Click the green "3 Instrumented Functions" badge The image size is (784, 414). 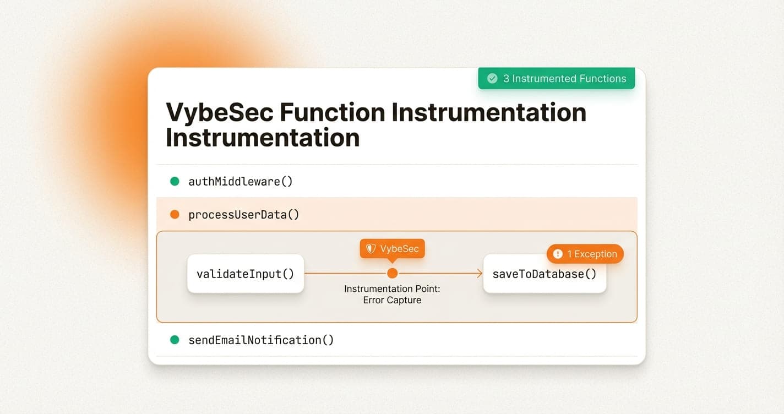[556, 78]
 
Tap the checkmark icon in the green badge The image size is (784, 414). [492, 78]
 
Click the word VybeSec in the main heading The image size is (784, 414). [220, 112]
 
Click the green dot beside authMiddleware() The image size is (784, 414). [175, 181]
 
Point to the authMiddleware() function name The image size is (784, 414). [241, 181]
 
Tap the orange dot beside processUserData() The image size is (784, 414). [175, 214]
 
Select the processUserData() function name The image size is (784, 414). [244, 214]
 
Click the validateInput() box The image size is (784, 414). [246, 274]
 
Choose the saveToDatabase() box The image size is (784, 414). [544, 274]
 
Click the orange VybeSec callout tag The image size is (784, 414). [393, 249]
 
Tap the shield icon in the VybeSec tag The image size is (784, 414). [371, 249]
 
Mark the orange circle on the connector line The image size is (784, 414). [393, 273]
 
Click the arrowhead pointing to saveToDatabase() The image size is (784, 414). [479, 273]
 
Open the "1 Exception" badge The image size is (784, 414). [585, 254]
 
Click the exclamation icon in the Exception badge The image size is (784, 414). [558, 254]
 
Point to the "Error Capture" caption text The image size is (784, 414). [392, 300]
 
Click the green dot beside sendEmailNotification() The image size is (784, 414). [175, 340]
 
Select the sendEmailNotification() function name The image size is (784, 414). [261, 340]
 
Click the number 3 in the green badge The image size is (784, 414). [506, 78]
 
